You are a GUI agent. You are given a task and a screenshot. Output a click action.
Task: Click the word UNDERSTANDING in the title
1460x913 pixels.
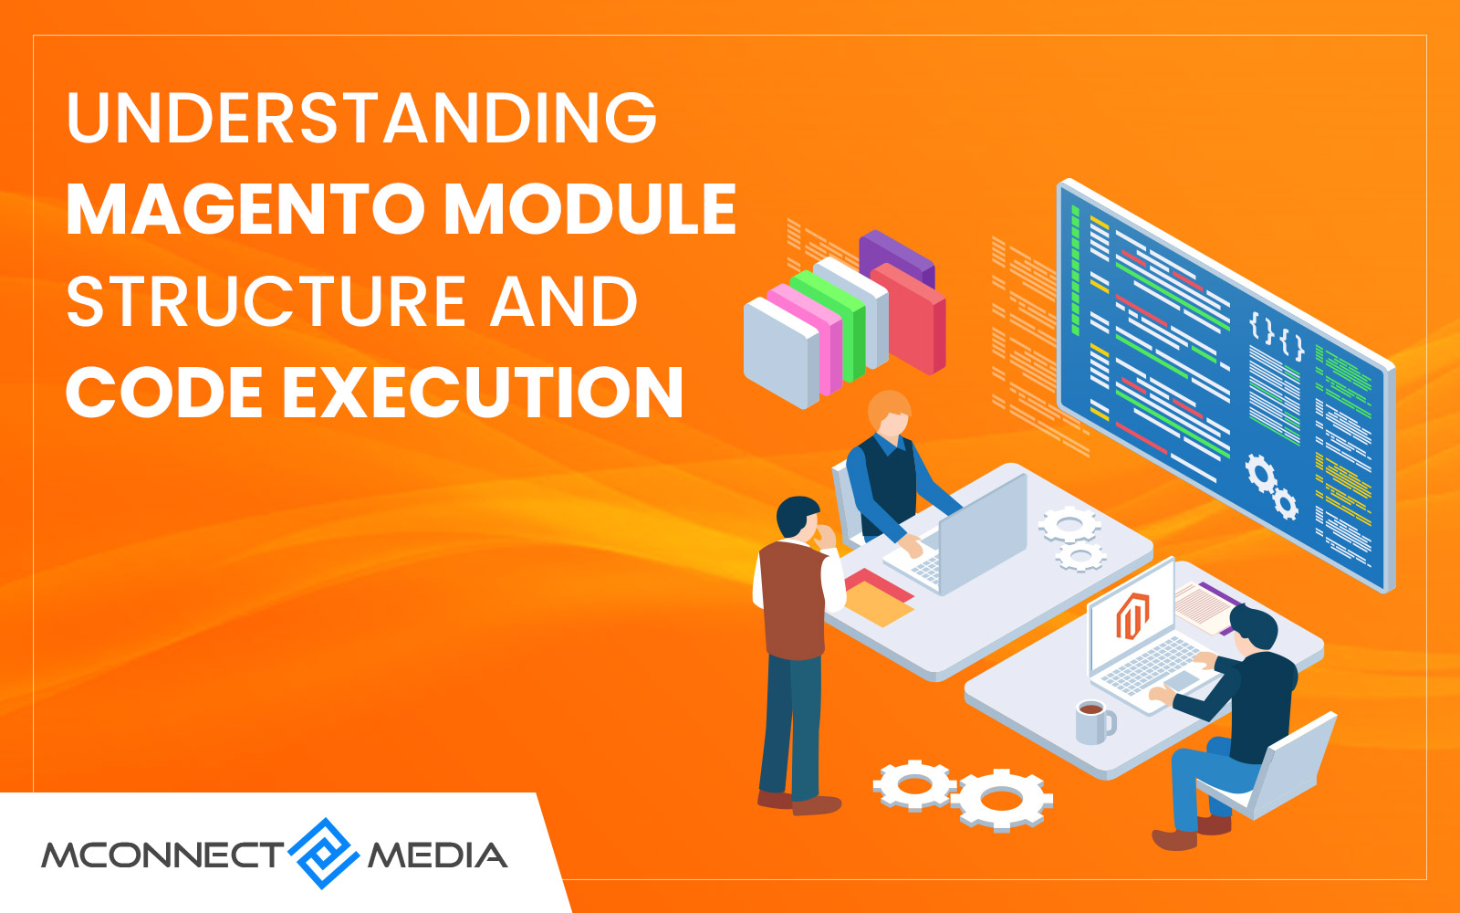[x=361, y=118]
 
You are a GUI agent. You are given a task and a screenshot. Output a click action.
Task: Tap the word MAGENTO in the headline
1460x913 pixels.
[x=246, y=209]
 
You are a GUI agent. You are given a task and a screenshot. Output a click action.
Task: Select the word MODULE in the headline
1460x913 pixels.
[x=590, y=209]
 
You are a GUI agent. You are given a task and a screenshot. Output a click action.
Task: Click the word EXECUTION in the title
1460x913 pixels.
[x=483, y=392]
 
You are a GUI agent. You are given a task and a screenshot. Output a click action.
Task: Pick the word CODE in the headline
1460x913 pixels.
[x=164, y=392]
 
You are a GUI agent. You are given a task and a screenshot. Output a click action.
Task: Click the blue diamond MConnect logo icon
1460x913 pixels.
[x=324, y=853]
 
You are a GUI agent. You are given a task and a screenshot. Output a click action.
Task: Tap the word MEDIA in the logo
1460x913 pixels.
[x=437, y=855]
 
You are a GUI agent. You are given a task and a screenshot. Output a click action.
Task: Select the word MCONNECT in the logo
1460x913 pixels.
[x=163, y=855]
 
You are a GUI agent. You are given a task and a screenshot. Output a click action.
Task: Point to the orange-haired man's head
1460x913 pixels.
[x=889, y=412]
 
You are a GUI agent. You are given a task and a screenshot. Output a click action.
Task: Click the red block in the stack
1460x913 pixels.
[x=908, y=318]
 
